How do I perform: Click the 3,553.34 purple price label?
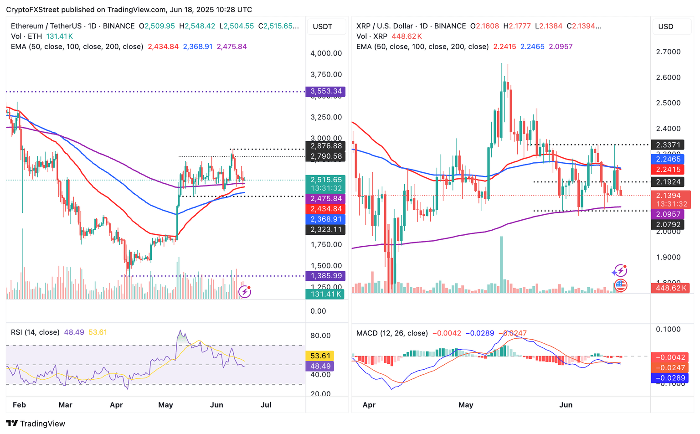click(x=326, y=91)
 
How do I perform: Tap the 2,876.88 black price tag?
click(x=326, y=146)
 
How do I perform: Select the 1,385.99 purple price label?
click(x=326, y=276)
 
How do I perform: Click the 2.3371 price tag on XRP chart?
click(x=668, y=145)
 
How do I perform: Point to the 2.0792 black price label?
click(x=668, y=224)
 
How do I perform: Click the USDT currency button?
click(x=323, y=26)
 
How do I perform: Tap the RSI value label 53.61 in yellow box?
click(x=320, y=356)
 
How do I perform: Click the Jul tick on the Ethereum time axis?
click(x=266, y=405)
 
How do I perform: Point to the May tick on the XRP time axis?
click(x=466, y=405)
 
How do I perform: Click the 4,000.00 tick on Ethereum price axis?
click(x=326, y=53)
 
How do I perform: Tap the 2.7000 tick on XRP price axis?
click(x=668, y=52)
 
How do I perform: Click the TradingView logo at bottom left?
click(x=36, y=424)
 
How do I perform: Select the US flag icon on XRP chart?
click(x=620, y=286)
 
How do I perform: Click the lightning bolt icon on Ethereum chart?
click(x=245, y=291)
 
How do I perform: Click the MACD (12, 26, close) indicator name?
click(x=392, y=333)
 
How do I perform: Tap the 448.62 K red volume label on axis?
click(x=670, y=288)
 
